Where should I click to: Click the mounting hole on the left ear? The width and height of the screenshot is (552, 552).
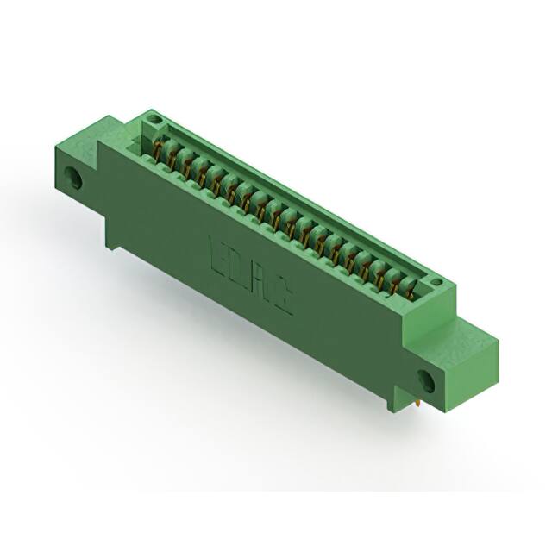(x=75, y=181)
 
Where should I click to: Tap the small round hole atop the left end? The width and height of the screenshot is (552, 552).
(x=153, y=116)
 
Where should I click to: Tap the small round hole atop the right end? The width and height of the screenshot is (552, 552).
(x=437, y=282)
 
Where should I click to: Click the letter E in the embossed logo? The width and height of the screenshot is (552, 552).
(x=219, y=253)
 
